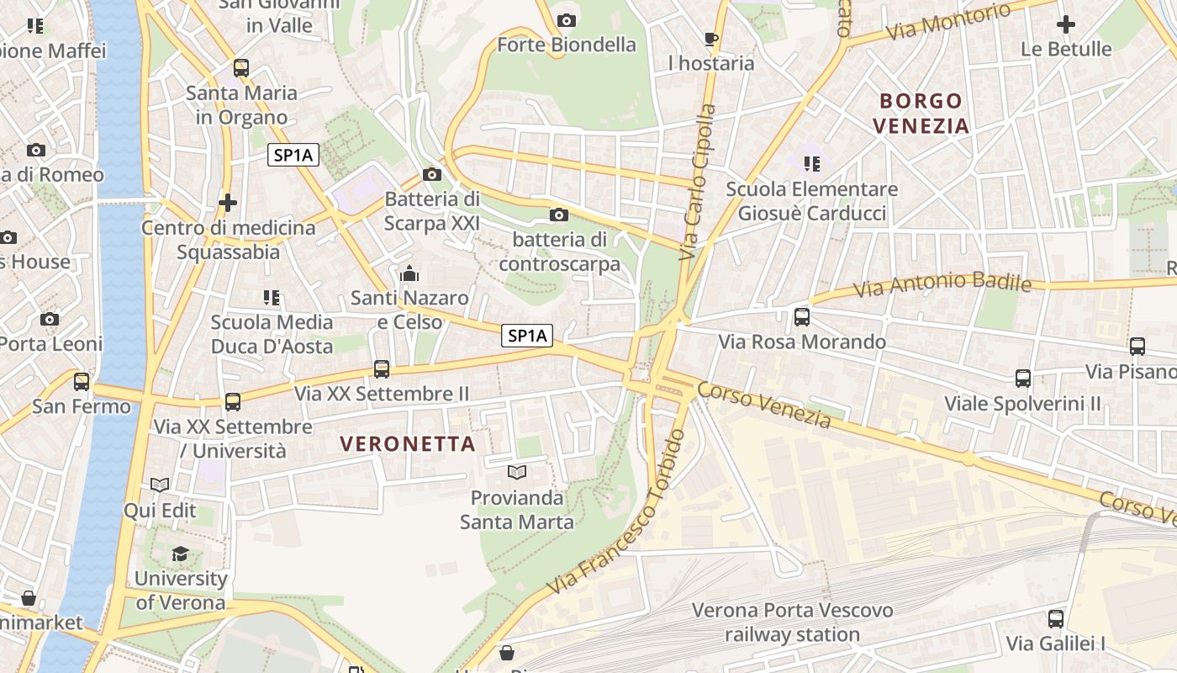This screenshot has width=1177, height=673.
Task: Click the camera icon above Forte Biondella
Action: (x=567, y=20)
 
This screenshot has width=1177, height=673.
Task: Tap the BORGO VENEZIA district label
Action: (x=921, y=114)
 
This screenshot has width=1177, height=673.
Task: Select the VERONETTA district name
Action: (x=408, y=444)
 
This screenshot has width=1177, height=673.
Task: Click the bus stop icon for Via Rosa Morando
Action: (x=802, y=317)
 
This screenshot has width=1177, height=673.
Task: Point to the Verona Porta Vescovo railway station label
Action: (x=792, y=622)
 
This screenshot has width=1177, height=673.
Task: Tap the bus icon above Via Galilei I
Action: (x=1056, y=619)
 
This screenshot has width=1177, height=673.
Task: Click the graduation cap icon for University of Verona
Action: (x=181, y=554)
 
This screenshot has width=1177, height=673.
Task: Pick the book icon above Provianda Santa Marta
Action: (x=516, y=473)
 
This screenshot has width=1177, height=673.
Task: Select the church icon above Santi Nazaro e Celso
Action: (x=409, y=273)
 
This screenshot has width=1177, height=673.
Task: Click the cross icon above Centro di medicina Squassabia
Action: (x=227, y=203)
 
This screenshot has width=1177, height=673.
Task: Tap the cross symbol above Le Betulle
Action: (x=1066, y=24)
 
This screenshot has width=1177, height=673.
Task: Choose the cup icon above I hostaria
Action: (x=711, y=39)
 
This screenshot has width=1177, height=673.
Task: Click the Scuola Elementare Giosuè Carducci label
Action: (x=811, y=201)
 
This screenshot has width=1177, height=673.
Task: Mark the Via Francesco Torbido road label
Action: (x=617, y=515)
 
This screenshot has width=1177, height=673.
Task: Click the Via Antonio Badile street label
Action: (x=942, y=284)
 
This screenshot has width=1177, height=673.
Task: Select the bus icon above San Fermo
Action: (x=82, y=381)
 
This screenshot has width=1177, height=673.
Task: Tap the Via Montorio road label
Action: (x=948, y=22)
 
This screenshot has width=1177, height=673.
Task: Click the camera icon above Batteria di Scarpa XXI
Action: (x=432, y=174)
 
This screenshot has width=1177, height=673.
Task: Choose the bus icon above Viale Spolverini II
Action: (x=1023, y=379)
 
